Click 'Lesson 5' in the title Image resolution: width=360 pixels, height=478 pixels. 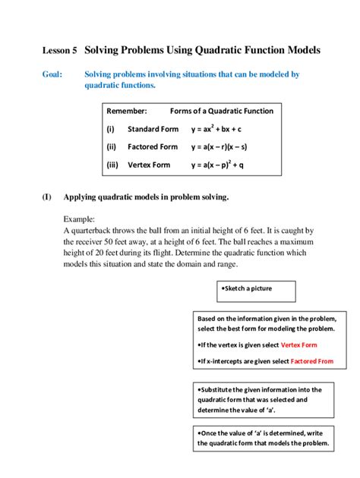[58, 50]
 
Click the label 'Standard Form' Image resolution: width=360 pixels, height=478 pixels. [153, 129]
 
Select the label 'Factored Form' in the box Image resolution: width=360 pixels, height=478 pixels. [152, 146]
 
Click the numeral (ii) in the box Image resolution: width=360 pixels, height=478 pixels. [111, 146]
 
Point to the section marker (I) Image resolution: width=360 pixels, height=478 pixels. [46, 198]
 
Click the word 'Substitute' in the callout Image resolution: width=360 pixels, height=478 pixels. [219, 390]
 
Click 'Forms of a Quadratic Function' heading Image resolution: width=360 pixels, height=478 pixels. [222, 111]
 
